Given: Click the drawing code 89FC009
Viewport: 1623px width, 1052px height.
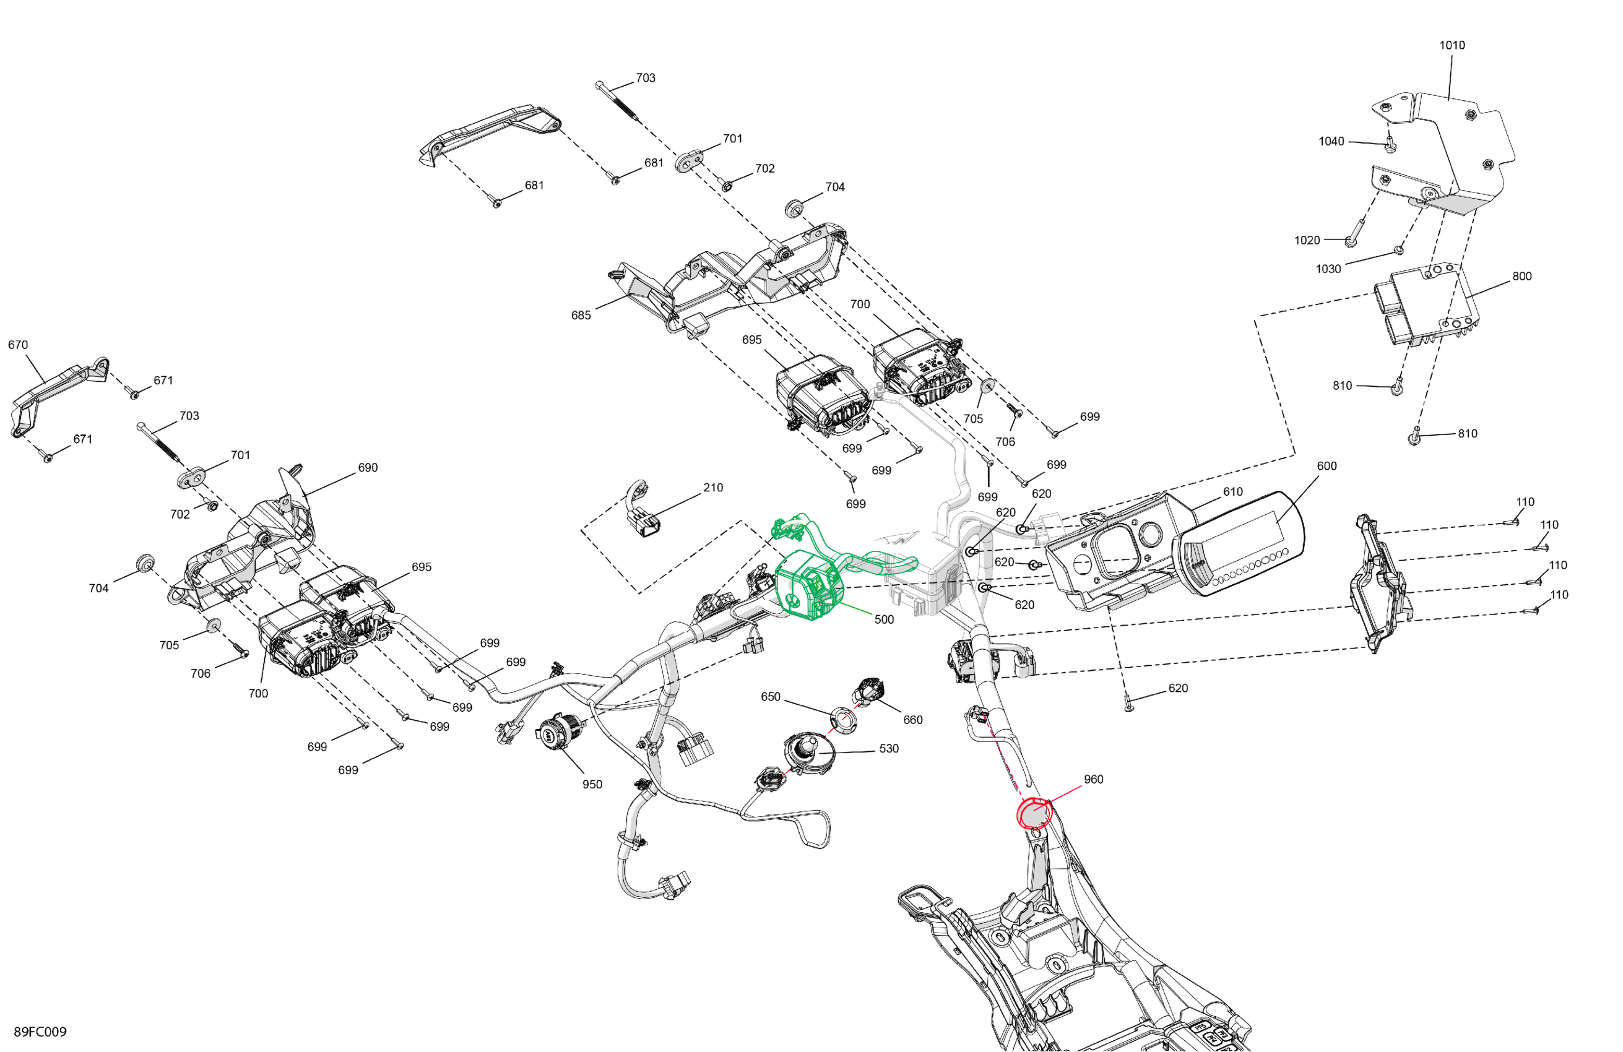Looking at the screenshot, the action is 40,1032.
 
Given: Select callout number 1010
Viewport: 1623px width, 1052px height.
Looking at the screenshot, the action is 1452,45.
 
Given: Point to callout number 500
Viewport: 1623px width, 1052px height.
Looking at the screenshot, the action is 884,619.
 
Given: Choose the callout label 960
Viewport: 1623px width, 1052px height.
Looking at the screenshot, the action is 1093,779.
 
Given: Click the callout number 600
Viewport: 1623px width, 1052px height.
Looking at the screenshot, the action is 1327,465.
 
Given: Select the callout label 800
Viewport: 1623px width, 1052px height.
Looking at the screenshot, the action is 1522,276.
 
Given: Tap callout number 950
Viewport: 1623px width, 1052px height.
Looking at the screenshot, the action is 592,784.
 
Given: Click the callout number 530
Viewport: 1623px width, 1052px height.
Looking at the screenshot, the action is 888,748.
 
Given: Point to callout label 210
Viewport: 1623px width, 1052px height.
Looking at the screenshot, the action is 713,488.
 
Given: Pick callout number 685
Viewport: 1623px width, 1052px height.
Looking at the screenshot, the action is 581,315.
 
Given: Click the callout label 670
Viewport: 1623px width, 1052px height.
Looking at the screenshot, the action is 18,345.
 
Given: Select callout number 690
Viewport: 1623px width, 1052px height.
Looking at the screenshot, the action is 368,468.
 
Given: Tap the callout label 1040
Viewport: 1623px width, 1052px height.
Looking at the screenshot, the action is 1331,141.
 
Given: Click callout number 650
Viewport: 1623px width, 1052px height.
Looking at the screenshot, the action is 771,697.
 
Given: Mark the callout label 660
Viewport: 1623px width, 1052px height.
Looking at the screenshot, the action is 912,719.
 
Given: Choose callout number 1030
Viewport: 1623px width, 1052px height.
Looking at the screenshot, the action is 1328,269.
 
